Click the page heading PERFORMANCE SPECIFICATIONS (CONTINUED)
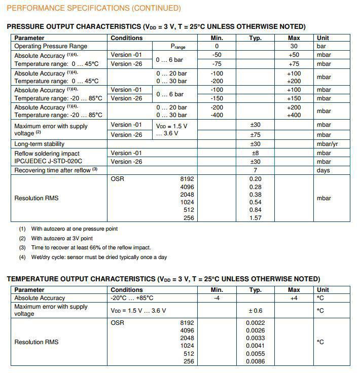94,8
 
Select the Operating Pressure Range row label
51,46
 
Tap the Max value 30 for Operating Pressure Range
294,46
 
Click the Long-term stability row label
40,144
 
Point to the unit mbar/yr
327,144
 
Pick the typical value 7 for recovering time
256,170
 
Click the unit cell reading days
323,170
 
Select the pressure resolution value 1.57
256,218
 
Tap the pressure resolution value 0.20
256,179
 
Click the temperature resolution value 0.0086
256,361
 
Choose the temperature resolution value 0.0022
256,323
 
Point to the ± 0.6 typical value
255,311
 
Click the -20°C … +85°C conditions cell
132,298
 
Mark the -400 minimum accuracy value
217,115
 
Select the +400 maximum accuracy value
294,115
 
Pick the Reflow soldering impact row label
47,153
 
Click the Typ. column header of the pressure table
256,38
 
